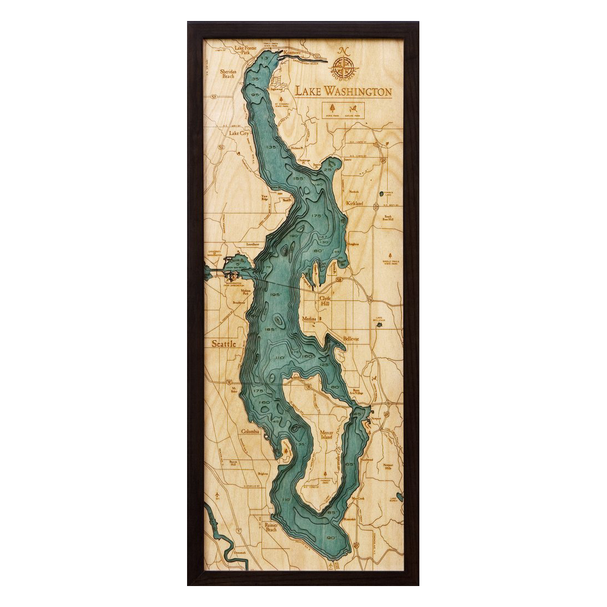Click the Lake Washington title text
point(343,91)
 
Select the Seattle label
point(225,343)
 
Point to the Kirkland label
point(354,203)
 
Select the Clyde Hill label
point(327,301)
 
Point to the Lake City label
point(239,134)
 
